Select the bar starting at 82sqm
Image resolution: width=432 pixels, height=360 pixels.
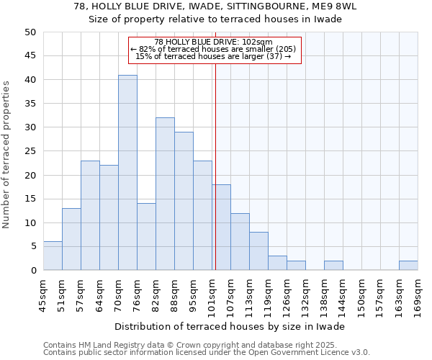click(165, 194)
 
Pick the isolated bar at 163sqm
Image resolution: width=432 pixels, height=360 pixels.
click(408, 266)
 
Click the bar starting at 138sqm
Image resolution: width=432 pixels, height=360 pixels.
click(333, 266)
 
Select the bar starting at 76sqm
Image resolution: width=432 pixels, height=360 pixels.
click(146, 237)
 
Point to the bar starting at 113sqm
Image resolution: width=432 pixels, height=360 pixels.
click(258, 251)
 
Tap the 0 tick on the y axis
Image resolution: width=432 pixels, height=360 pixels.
click(32, 271)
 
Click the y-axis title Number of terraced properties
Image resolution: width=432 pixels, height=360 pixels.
click(6, 155)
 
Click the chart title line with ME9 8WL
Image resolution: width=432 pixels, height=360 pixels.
click(215, 6)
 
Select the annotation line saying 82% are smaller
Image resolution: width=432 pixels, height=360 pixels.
click(214, 49)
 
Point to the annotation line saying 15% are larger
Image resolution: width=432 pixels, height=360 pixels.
click(214, 56)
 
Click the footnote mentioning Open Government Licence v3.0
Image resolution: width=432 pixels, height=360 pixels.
click(207, 352)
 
